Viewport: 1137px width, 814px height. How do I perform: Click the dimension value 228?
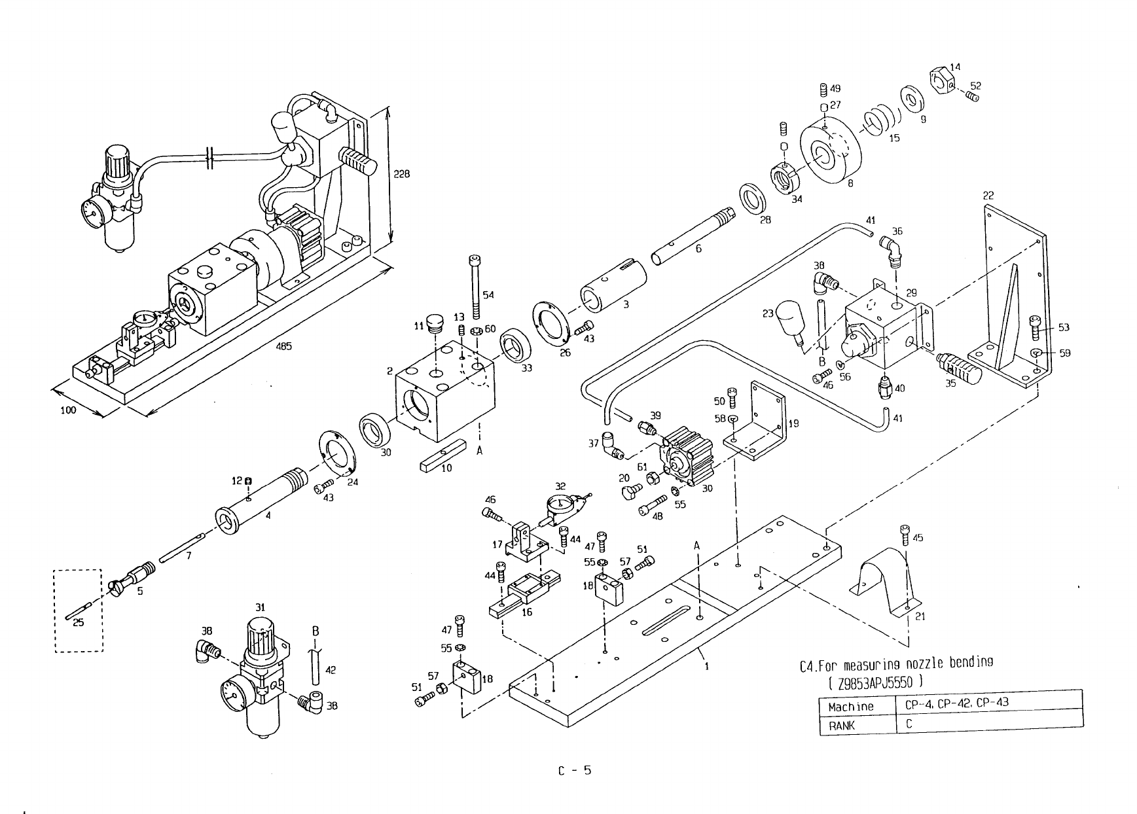[403, 175]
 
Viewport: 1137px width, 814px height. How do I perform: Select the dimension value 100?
[68, 410]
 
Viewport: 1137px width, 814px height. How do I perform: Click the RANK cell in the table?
[841, 725]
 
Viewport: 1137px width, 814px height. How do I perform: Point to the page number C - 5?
[574, 770]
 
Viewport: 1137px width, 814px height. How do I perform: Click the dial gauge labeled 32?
[560, 508]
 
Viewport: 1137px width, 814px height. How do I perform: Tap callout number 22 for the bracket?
[988, 196]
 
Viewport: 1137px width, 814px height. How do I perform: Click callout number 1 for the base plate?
[707, 667]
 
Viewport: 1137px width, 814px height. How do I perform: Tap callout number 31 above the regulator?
[260, 607]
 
